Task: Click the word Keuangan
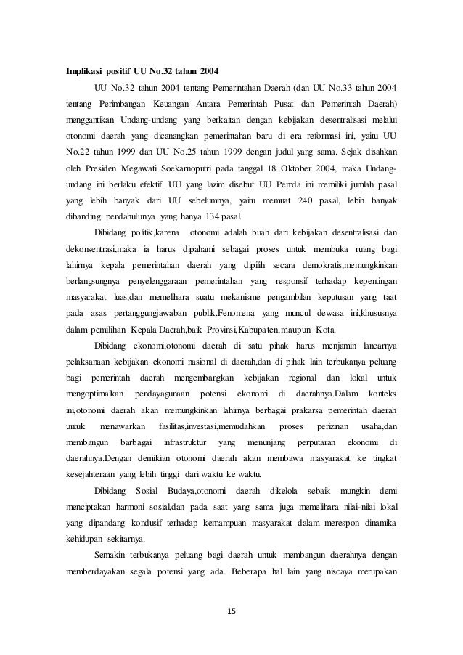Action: tap(173, 103)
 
